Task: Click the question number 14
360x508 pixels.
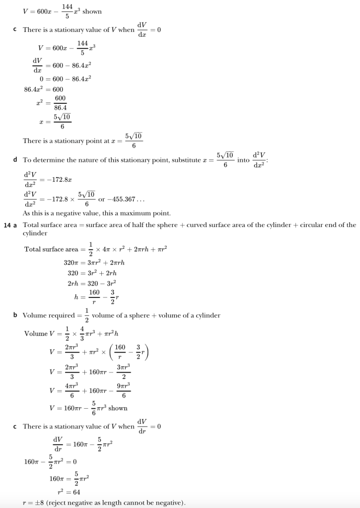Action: pos(8,225)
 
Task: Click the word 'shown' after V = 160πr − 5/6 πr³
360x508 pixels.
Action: pos(118,408)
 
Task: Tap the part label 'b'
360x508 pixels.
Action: pos(16,315)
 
